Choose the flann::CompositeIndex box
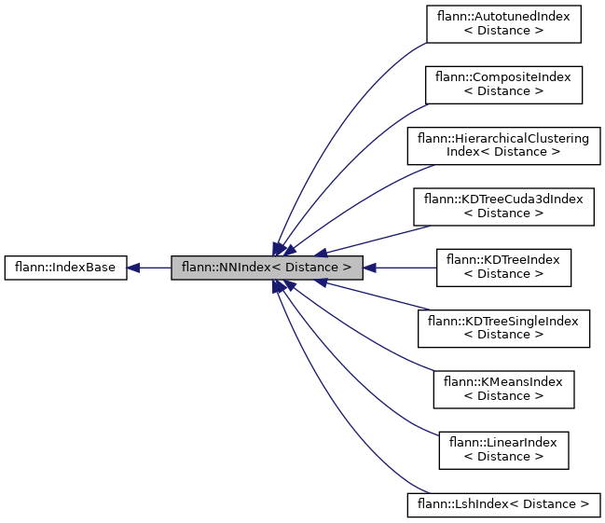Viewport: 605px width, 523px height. [503, 85]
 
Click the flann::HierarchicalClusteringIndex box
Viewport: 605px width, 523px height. [503, 145]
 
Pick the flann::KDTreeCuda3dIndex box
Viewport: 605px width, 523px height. [503, 206]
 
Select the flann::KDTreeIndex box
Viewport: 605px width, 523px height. [503, 268]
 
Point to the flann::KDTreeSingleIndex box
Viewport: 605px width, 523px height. [503, 328]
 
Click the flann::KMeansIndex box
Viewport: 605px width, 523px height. [503, 389]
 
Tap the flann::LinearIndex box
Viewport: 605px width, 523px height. [503, 449]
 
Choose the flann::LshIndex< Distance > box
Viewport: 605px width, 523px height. [503, 504]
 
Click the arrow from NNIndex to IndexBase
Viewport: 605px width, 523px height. [154, 268]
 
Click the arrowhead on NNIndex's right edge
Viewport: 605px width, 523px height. [369, 268]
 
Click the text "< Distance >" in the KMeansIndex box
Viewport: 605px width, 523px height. [503, 396]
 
